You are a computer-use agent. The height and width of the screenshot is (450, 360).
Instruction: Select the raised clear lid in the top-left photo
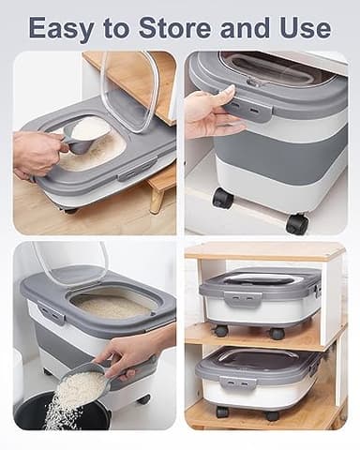point(131,89)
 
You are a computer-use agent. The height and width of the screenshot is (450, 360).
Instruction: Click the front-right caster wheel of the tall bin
point(297,223)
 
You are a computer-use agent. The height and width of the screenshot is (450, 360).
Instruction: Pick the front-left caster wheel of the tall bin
point(222,198)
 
